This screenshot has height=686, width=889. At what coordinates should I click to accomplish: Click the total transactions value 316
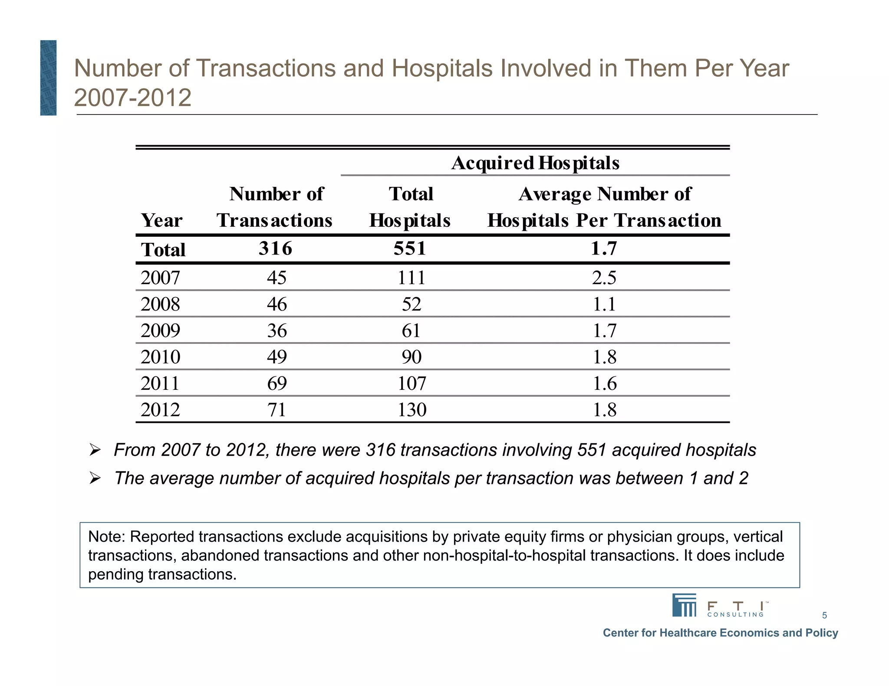pyautogui.click(x=275, y=249)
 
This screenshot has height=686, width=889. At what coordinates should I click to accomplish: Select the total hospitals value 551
pyautogui.click(x=410, y=249)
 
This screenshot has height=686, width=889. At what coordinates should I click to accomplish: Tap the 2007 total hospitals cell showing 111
pyautogui.click(x=411, y=278)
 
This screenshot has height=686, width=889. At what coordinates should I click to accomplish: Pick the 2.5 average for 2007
pyautogui.click(x=604, y=278)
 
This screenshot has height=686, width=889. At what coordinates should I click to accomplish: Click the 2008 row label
pyautogui.click(x=160, y=304)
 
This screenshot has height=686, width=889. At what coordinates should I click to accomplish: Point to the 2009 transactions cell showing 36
pyautogui.click(x=277, y=330)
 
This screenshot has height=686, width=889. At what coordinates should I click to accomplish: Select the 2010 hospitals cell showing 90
pyautogui.click(x=411, y=357)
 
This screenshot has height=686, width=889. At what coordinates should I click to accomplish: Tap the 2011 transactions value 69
pyautogui.click(x=277, y=383)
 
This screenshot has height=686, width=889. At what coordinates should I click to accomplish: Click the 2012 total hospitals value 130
pyautogui.click(x=412, y=410)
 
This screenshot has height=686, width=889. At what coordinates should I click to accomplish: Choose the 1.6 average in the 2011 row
pyautogui.click(x=604, y=383)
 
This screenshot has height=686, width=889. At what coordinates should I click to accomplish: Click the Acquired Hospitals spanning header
pyautogui.click(x=535, y=163)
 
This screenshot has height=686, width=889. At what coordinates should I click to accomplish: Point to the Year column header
pyautogui.click(x=161, y=221)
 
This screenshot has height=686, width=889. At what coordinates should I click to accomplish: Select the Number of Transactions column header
pyautogui.click(x=275, y=207)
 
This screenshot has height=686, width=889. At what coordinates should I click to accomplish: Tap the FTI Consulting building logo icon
pyautogui.click(x=684, y=605)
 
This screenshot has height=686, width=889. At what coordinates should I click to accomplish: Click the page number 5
pyautogui.click(x=824, y=615)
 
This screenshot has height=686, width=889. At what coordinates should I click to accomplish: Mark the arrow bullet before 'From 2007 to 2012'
pyautogui.click(x=95, y=450)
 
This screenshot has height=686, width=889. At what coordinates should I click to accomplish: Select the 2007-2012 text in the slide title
pyautogui.click(x=132, y=98)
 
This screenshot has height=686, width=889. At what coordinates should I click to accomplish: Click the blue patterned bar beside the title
pyautogui.click(x=48, y=78)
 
